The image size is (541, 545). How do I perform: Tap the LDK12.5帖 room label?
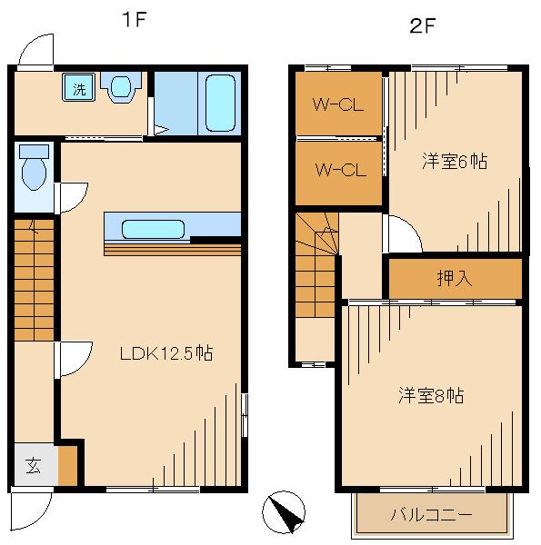[167, 353]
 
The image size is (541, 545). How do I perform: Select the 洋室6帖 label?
[455, 162]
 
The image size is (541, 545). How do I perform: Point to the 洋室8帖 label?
[431, 396]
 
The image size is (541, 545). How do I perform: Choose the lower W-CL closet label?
[338, 169]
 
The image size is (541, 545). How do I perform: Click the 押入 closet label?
[455, 278]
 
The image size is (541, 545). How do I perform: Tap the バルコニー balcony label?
[431, 514]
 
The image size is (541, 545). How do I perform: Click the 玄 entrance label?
[33, 468]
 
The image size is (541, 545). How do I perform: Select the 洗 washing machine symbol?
[80, 89]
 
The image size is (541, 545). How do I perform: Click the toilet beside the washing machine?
[120, 87]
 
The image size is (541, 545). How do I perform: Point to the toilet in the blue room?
[34, 167]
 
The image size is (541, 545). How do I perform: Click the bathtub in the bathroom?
[221, 103]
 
